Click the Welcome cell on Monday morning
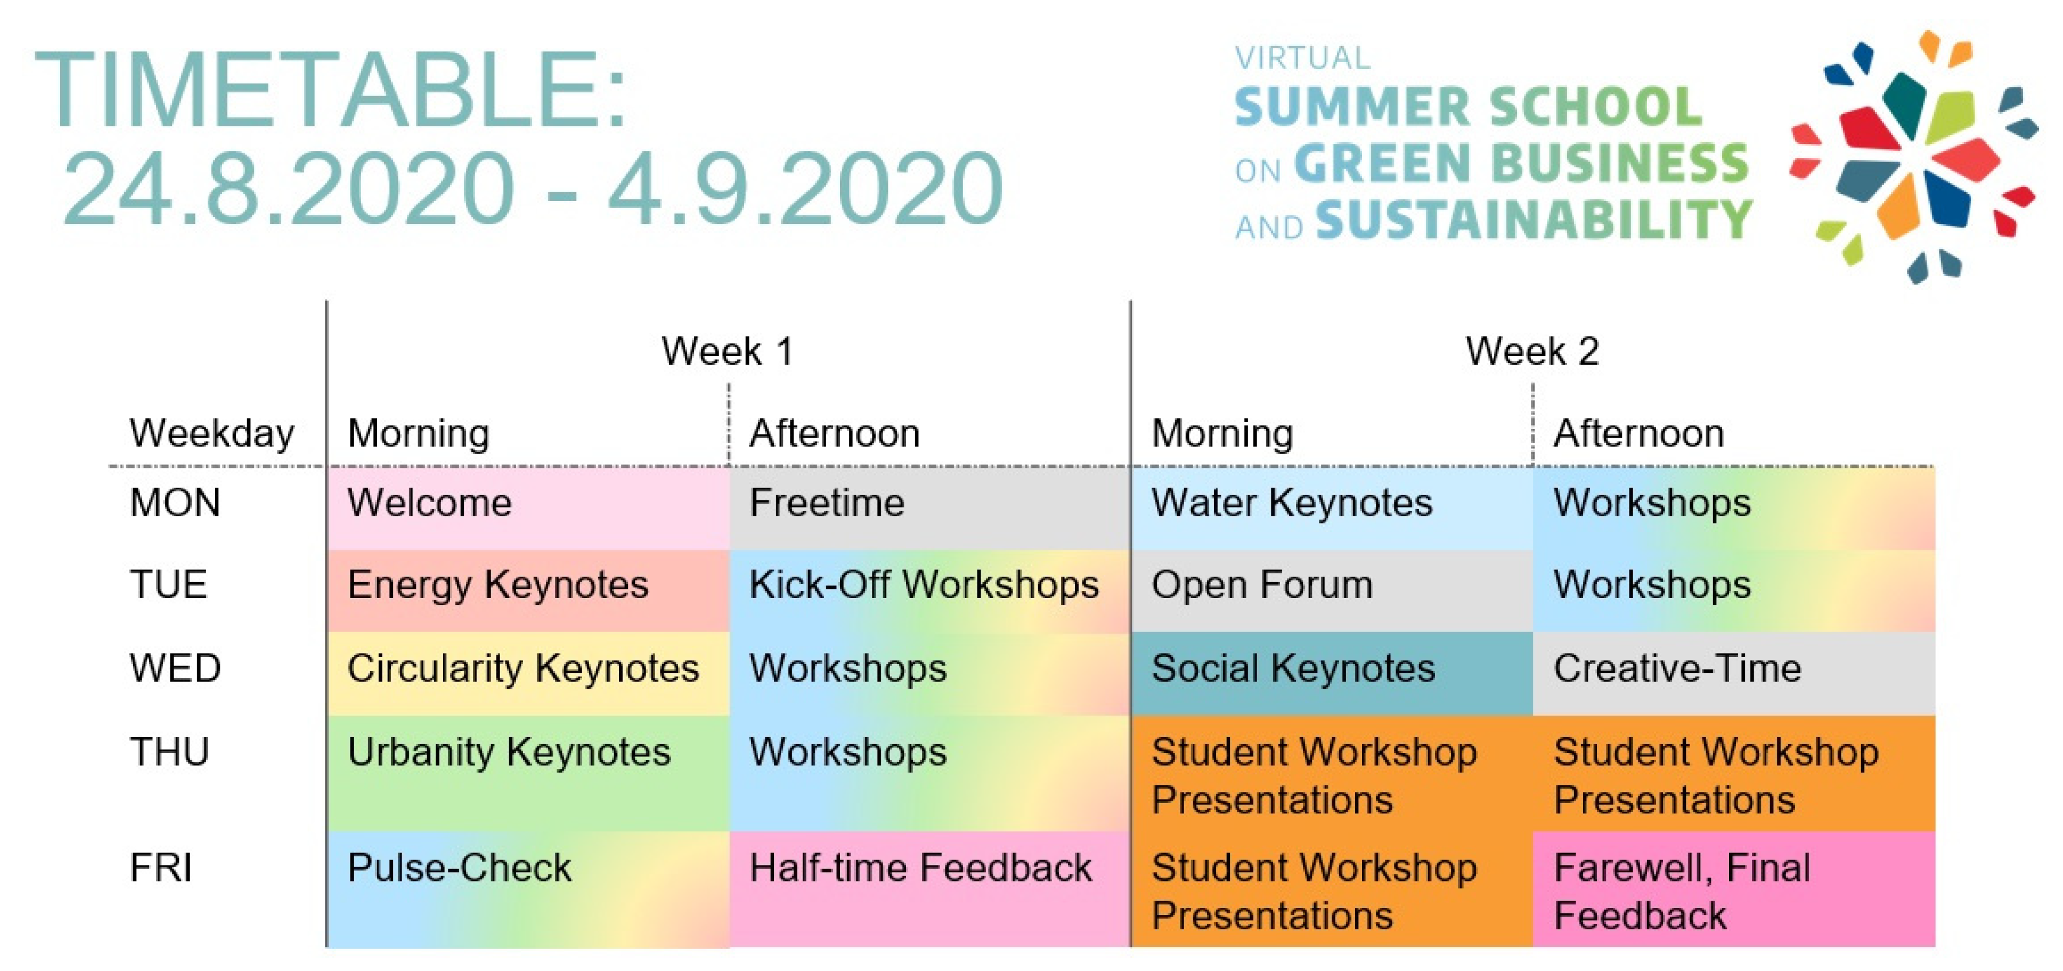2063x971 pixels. pyautogui.click(x=529, y=509)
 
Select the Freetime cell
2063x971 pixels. pyautogui.click(x=930, y=509)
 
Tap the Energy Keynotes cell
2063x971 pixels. pyautogui.click(x=529, y=591)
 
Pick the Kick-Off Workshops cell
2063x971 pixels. pyautogui.click(x=930, y=591)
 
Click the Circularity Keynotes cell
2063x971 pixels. pyautogui.click(x=529, y=673)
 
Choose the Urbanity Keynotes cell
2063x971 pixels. pyautogui.click(x=529, y=773)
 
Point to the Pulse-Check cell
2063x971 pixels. pyautogui.click(x=529, y=889)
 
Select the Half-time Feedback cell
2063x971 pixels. pyautogui.click(x=930, y=889)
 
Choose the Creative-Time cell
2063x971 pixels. pyautogui.click(x=1734, y=673)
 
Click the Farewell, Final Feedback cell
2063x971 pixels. pyautogui.click(x=1734, y=889)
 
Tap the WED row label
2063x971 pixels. pyautogui.click(x=175, y=668)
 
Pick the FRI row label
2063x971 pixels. pyautogui.click(x=161, y=868)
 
